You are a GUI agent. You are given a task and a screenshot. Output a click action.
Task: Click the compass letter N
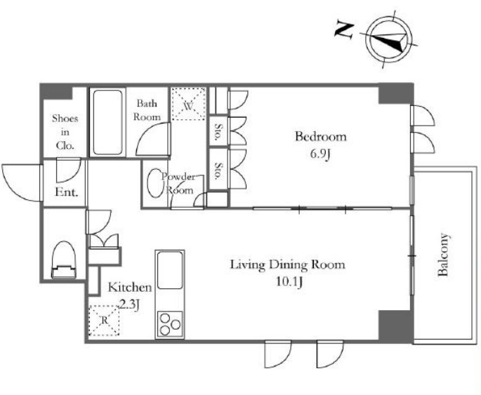click(x=344, y=30)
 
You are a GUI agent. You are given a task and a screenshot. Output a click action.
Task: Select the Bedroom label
click(x=321, y=136)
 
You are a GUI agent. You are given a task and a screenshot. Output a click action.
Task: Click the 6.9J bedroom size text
click(x=320, y=154)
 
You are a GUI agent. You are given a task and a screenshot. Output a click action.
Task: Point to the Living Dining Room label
click(x=287, y=265)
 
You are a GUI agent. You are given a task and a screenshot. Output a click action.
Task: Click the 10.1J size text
click(x=289, y=282)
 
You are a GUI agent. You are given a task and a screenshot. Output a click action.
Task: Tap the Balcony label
click(x=443, y=255)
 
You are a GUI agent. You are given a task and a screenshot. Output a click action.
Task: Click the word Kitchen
click(x=130, y=287)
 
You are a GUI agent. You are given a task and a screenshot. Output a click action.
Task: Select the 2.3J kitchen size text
click(x=129, y=304)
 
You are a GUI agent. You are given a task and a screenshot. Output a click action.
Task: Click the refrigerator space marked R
click(x=104, y=321)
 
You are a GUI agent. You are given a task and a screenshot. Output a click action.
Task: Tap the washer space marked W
click(x=188, y=104)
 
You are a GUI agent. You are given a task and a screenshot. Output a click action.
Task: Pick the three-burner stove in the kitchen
click(x=170, y=325)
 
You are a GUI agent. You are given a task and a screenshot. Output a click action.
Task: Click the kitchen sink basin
click(x=170, y=270)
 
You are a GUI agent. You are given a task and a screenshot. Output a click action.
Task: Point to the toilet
click(x=63, y=260)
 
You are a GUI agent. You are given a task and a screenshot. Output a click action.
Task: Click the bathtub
click(x=107, y=122)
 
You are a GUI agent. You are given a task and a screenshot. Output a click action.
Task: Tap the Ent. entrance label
click(x=66, y=192)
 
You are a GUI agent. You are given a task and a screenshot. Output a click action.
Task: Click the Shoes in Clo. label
click(x=65, y=132)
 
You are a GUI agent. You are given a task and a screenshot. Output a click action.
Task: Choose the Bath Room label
click(x=147, y=109)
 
